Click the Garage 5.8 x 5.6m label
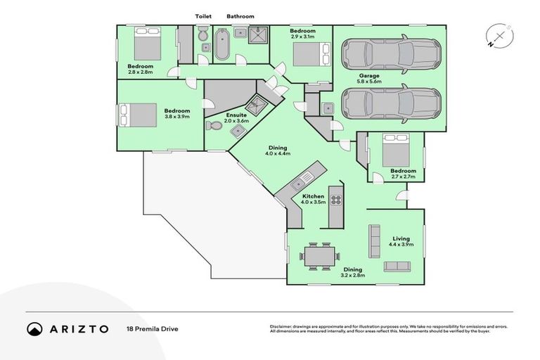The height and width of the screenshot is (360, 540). tap(369, 78)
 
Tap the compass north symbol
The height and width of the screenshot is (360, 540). tap(498, 36)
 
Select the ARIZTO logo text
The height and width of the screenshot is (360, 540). tap(67, 328)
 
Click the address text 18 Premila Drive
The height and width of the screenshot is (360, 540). tap(149, 328)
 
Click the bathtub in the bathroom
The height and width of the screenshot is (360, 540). tap(222, 44)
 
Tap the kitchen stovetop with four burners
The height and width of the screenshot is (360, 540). tap(336, 200)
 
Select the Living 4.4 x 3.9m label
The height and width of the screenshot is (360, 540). tap(401, 242)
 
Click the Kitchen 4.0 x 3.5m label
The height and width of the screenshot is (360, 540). tap(313, 199)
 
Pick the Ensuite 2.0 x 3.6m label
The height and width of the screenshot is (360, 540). tap(236, 117)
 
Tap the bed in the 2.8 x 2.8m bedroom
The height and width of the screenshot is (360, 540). tap(147, 44)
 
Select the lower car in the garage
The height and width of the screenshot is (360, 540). tap(391, 103)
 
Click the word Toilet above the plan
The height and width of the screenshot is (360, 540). tap(203, 16)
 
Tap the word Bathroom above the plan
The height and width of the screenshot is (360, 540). tap(240, 16)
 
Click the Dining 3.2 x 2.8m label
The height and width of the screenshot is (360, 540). tap(352, 273)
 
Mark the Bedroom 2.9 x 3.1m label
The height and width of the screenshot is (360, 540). tap(302, 34)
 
